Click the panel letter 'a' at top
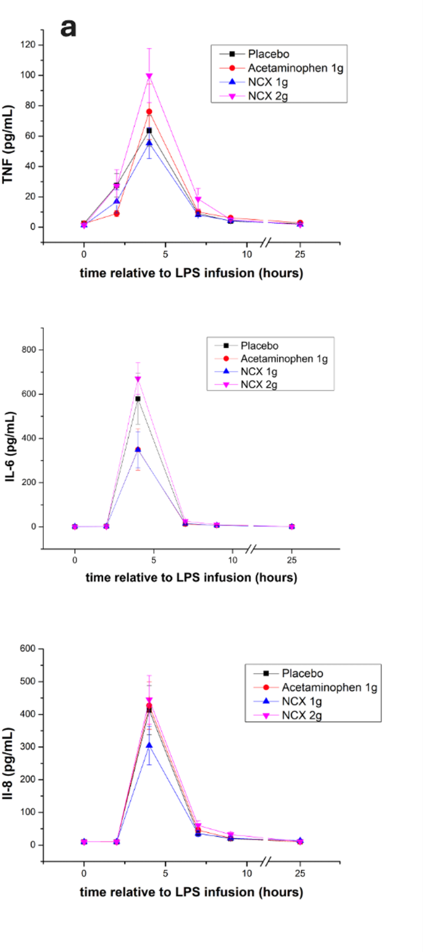(69, 27)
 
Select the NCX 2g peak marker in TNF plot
(149, 76)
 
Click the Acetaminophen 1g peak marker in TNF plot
(149, 112)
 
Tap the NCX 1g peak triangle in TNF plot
(149, 143)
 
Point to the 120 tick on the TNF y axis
(28, 45)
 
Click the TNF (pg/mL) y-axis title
(9, 136)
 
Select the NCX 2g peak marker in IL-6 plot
(138, 379)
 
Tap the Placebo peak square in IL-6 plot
(138, 399)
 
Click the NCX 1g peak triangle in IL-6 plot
(138, 449)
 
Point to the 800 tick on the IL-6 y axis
(28, 350)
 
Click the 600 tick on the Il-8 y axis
(28, 649)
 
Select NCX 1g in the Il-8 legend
(301, 702)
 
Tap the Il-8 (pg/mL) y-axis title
(9, 747)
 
